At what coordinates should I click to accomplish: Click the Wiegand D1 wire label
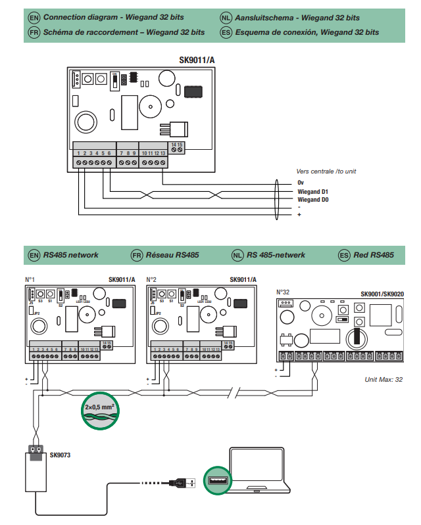[x=312, y=191]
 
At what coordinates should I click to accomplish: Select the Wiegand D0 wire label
[x=312, y=199]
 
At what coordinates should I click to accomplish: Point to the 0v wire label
[x=300, y=182]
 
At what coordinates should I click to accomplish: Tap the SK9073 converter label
[x=60, y=454]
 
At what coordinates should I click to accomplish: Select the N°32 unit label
[x=284, y=292]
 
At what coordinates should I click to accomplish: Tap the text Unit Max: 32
[x=383, y=380]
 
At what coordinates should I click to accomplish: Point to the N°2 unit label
[x=151, y=279]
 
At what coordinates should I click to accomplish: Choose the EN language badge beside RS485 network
[x=34, y=255]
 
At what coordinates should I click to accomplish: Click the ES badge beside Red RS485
[x=343, y=255]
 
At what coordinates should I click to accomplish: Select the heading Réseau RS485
[x=173, y=255]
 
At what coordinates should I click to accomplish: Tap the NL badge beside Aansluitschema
[x=226, y=16]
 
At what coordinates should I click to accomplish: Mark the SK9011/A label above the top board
[x=197, y=60]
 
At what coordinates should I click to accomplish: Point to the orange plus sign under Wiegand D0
[x=299, y=215]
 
